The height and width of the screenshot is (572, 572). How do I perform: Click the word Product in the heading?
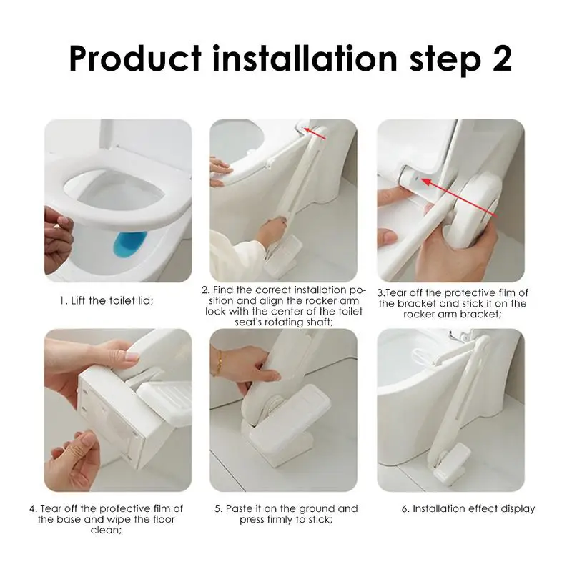click(x=134, y=59)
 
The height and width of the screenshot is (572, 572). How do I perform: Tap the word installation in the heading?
click(x=305, y=59)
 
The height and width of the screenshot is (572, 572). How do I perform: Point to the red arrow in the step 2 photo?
click(x=315, y=134)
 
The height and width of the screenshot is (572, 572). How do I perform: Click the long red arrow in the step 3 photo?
click(x=459, y=198)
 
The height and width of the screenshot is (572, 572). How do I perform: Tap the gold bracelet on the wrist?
click(x=220, y=363)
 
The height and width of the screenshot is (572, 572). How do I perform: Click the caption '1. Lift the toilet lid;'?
click(x=107, y=301)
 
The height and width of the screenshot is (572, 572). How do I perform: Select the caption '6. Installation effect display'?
click(x=468, y=508)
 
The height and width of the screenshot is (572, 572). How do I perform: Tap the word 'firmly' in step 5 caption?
click(x=280, y=520)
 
